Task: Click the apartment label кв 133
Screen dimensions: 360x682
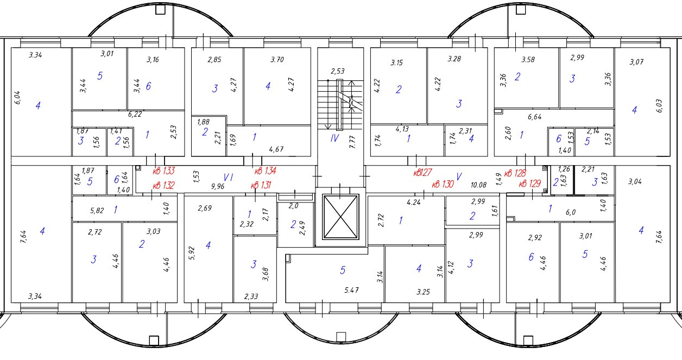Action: (163, 171)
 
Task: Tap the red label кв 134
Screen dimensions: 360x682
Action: (265, 171)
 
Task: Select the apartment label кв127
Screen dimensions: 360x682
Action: (422, 173)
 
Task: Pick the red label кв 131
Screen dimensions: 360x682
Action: (261, 185)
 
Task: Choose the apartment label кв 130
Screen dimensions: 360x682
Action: (443, 185)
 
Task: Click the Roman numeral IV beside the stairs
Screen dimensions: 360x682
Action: (335, 138)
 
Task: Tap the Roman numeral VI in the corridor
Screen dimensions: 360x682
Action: (228, 177)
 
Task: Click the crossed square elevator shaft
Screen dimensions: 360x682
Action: (341, 216)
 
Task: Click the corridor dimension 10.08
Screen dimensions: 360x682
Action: (478, 185)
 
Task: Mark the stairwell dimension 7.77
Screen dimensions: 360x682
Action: (351, 144)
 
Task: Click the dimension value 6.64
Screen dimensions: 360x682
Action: (535, 117)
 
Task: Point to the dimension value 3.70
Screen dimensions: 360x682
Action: (277, 60)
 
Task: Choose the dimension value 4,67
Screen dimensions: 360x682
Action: (277, 149)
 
